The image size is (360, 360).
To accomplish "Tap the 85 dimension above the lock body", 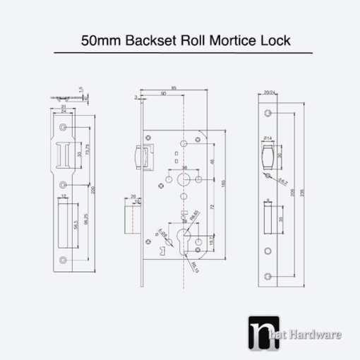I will click(174, 88).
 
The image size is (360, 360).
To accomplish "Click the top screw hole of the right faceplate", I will click(268, 113).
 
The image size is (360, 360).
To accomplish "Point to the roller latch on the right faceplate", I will click(269, 155).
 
